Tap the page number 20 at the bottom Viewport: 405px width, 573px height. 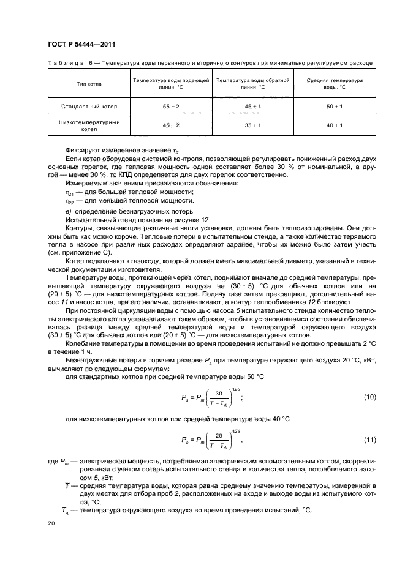pos(51,523)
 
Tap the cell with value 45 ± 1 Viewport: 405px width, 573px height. pos(252,107)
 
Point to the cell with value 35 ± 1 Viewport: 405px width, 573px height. pos(252,125)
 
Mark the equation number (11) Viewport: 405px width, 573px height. pos(369,440)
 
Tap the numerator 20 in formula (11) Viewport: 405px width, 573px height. pos(210,436)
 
